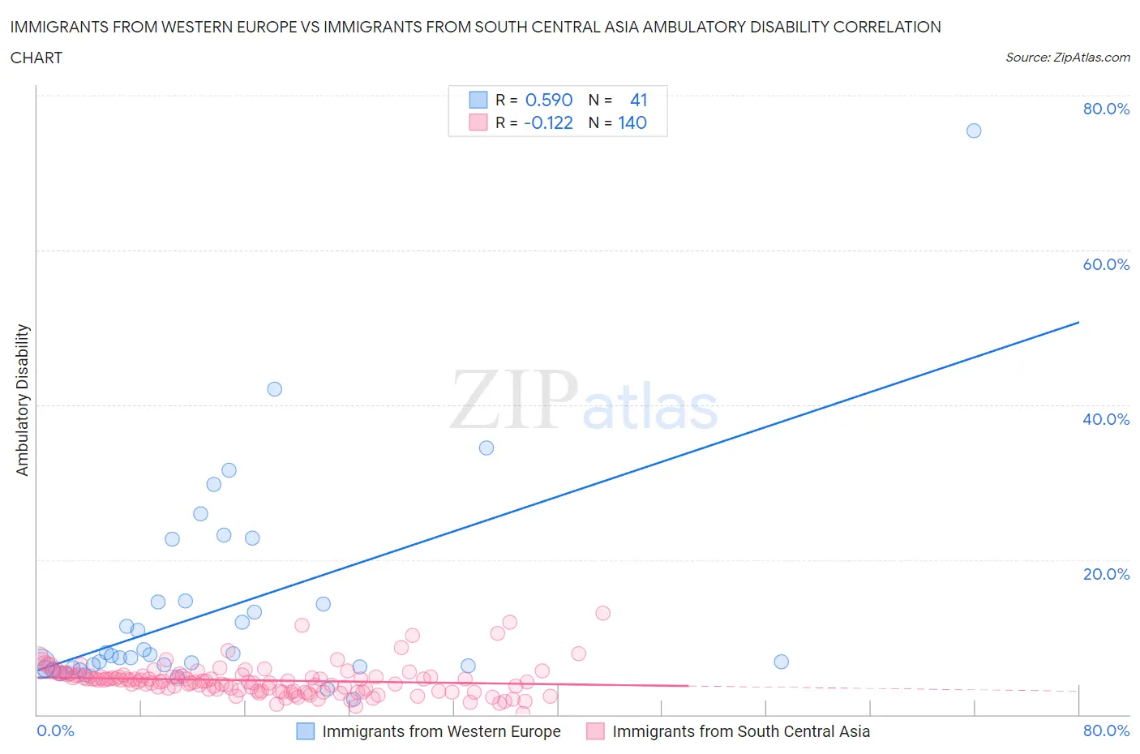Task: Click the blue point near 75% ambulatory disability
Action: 974,131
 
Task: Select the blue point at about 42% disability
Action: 275,389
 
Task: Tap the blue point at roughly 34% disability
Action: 486,448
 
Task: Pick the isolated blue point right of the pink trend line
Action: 781,662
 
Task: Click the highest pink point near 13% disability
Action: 602,613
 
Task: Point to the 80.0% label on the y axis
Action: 1106,109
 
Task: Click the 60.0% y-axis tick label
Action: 1106,264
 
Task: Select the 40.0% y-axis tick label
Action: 1106,419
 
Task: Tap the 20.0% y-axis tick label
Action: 1106,574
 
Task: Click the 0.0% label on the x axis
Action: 55,730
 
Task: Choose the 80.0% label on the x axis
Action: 1106,730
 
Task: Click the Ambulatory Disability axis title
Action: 23,400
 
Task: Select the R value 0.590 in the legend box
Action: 549,100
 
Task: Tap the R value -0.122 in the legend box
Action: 548,122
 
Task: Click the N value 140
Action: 632,122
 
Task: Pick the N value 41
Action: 638,100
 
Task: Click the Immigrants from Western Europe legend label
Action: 441,731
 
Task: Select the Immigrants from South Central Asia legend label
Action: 740,731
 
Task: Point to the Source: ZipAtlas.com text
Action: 1067,57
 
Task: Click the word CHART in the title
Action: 36,58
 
